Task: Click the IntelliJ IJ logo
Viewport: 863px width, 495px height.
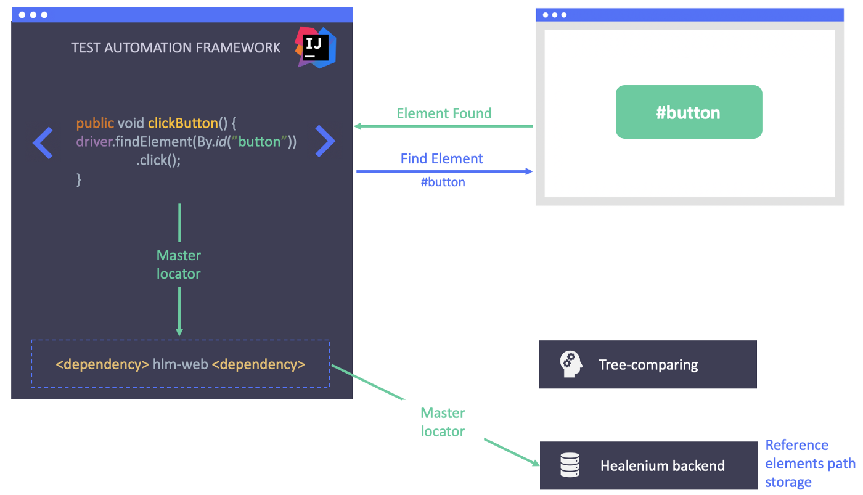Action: [316, 47]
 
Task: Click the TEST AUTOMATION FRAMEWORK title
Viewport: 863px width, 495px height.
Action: [176, 47]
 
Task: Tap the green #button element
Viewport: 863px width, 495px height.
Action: [689, 112]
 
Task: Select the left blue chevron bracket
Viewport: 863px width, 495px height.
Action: [43, 142]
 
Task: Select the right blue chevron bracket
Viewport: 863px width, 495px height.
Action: [325, 141]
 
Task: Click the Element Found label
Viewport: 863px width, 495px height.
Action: [444, 113]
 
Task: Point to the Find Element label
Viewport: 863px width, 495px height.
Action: [441, 158]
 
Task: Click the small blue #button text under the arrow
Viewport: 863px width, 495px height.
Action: [443, 182]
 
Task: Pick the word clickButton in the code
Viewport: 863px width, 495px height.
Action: [182, 123]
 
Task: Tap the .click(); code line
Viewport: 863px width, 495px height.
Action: [158, 160]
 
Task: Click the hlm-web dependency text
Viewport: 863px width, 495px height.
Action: [179, 364]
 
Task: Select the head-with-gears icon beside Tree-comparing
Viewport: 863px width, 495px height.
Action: [571, 364]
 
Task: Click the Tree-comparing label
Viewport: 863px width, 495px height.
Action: [648, 364]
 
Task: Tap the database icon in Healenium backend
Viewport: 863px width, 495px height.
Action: [570, 465]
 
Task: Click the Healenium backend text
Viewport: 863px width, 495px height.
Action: [662, 465]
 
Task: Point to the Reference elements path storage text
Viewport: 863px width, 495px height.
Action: [810, 464]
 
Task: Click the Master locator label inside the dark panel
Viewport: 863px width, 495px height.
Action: [179, 264]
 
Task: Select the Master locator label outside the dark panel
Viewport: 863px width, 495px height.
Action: [443, 422]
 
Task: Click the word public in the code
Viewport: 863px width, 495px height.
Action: [95, 123]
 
